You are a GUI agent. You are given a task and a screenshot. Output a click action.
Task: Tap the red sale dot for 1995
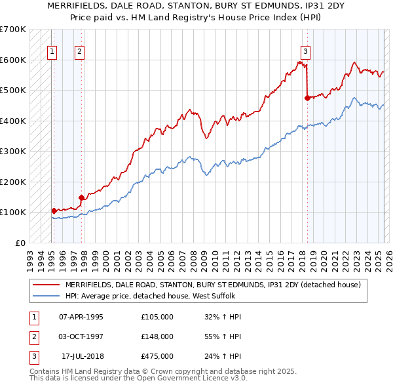[54, 211]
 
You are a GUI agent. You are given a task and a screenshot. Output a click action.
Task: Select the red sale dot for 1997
[82, 197]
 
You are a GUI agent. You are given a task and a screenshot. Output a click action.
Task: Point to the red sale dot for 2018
[307, 98]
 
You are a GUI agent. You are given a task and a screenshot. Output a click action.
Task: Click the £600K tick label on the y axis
[13, 60]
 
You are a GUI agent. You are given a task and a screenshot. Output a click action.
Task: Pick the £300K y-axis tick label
[13, 151]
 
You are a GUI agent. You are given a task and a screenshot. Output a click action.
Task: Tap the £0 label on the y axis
[20, 243]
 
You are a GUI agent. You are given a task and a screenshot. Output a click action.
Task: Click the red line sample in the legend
[46, 285]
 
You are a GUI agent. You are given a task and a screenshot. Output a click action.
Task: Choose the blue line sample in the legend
[46, 296]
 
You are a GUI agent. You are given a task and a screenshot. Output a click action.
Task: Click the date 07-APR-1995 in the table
[81, 317]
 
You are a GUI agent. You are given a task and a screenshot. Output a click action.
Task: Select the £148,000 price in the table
[157, 336]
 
